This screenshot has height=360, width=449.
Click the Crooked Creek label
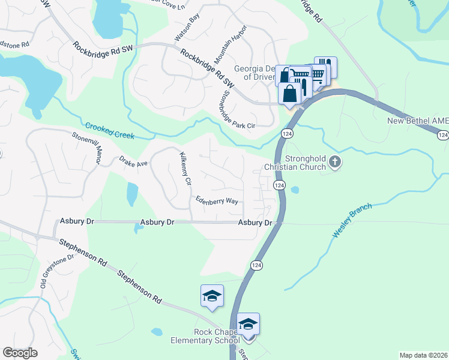click(x=109, y=131)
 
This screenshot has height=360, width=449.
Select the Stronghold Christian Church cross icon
click(x=335, y=161)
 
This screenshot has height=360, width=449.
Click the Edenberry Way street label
click(x=217, y=200)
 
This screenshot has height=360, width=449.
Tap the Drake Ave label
click(x=133, y=163)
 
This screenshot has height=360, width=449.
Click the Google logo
click(x=20, y=353)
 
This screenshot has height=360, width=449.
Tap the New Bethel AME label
click(x=418, y=121)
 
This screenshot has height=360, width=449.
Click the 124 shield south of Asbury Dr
click(x=256, y=265)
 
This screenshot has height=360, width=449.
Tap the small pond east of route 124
click(x=295, y=190)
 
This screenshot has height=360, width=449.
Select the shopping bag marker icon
click(x=290, y=94)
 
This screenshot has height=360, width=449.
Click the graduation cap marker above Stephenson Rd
click(x=212, y=296)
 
